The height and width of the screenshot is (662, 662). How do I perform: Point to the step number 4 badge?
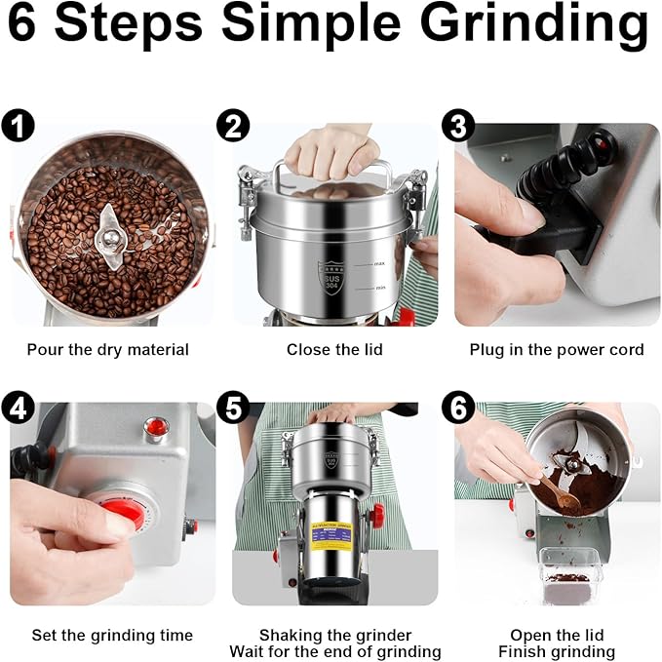(x=17, y=408)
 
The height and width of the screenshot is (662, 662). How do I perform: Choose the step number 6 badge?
(x=458, y=408)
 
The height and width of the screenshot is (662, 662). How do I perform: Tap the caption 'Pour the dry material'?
(x=108, y=349)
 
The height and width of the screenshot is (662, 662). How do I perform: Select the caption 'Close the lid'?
(x=334, y=349)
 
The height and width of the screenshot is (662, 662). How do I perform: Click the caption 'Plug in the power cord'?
(x=557, y=349)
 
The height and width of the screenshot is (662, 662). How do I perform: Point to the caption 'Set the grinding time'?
(x=112, y=635)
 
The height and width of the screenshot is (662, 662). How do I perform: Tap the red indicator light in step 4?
(x=154, y=425)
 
